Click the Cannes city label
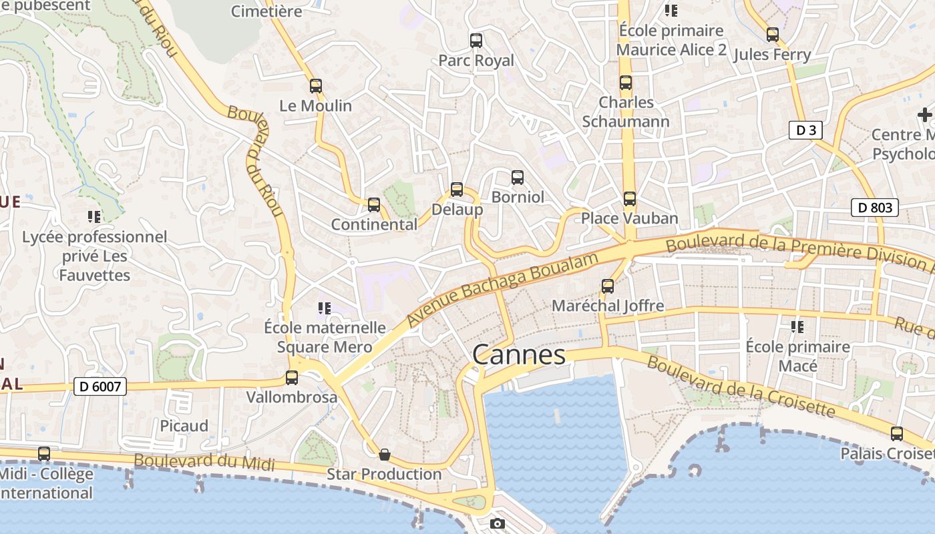(x=519, y=354)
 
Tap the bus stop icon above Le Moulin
(x=316, y=86)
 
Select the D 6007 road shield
(x=100, y=386)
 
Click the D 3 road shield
(x=805, y=130)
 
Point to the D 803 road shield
(x=875, y=208)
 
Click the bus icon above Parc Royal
(x=476, y=41)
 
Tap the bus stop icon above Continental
(x=374, y=205)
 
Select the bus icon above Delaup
(x=457, y=190)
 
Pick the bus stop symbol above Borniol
(x=518, y=178)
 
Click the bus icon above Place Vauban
(x=630, y=199)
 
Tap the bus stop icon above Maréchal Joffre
(x=608, y=286)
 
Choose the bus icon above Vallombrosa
(x=292, y=378)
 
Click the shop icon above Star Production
(x=385, y=455)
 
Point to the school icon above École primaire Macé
(x=797, y=327)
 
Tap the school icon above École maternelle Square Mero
(x=325, y=308)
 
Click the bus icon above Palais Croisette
(x=897, y=434)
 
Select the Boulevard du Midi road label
(x=204, y=461)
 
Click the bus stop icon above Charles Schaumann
(x=626, y=83)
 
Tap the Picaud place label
(x=184, y=426)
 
